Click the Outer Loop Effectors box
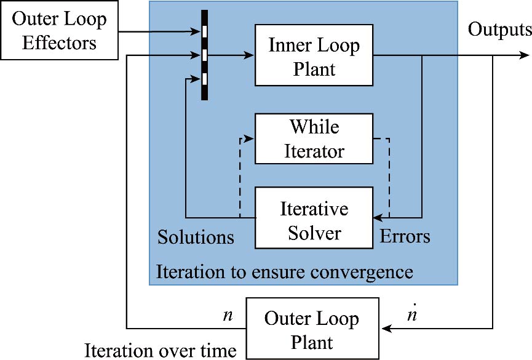click(x=59, y=31)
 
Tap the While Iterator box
click(x=314, y=138)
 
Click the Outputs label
click(x=499, y=29)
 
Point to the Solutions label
click(x=196, y=237)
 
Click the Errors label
click(x=405, y=236)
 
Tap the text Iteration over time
click(x=161, y=351)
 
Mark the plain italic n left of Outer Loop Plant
click(x=228, y=316)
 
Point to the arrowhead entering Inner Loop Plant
click(x=250, y=56)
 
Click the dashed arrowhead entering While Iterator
click(x=250, y=139)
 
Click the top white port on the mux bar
click(x=205, y=31)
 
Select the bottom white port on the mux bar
click(x=205, y=79)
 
